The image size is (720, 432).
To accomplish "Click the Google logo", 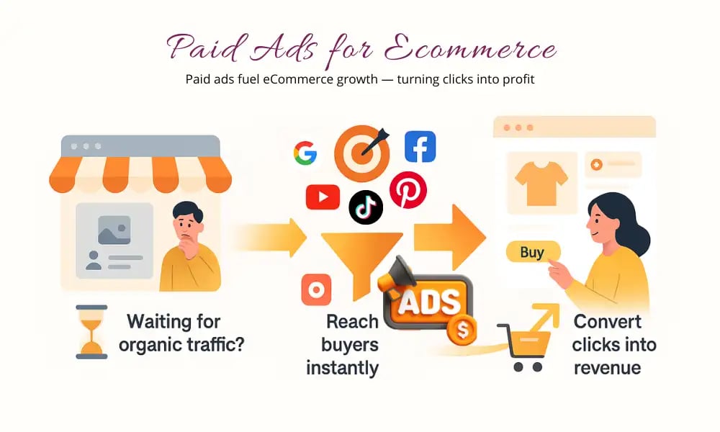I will [x=305, y=153].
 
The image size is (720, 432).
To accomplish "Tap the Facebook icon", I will [x=420, y=146].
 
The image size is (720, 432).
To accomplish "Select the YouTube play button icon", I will [x=323, y=197].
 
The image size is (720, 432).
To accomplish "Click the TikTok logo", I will [x=366, y=207].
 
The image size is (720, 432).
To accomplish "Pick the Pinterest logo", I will [x=408, y=191].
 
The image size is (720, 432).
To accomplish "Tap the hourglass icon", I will [x=91, y=331].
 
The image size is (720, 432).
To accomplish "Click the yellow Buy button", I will [x=532, y=253].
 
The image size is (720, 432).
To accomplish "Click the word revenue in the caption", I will [x=607, y=367].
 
